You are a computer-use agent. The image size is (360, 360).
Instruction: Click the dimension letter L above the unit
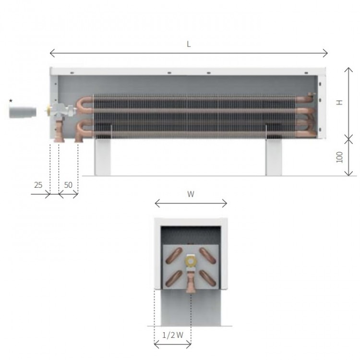[189, 44]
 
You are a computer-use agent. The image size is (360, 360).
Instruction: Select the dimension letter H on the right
[340, 102]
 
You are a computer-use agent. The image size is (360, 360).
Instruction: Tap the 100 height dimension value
[340, 157]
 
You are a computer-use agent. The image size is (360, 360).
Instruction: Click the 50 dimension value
[68, 185]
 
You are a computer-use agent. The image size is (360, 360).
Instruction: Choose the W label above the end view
[191, 194]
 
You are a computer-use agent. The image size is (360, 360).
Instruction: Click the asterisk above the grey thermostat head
[11, 101]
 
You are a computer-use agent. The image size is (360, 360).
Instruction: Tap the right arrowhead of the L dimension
[326, 52]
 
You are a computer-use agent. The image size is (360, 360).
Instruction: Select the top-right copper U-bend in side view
[305, 98]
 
